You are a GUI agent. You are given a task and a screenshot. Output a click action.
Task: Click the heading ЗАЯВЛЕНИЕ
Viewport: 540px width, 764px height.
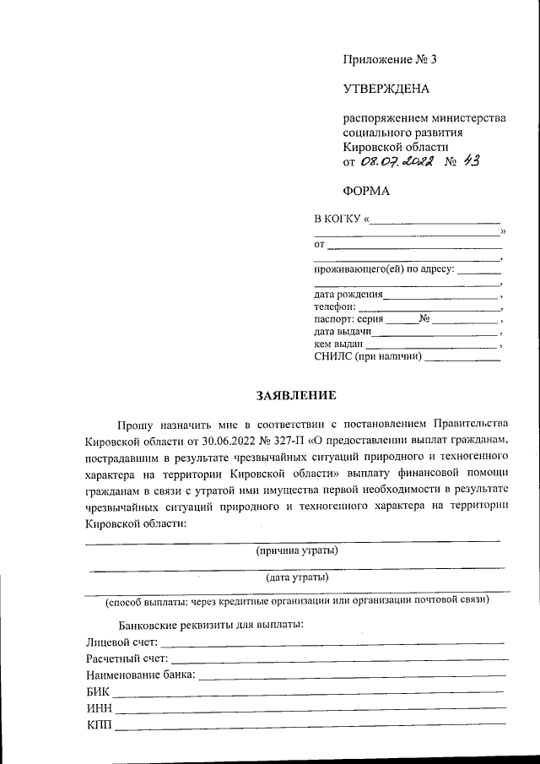click(296, 395)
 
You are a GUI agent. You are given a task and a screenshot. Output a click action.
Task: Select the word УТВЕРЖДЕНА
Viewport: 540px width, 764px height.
click(386, 89)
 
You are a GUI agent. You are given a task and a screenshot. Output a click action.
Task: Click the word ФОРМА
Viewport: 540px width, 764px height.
click(366, 191)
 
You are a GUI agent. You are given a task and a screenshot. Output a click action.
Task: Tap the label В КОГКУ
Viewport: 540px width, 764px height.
click(337, 219)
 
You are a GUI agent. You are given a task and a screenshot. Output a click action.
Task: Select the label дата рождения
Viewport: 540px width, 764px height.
click(348, 295)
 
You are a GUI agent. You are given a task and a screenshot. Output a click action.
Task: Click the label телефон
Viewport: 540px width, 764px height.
click(334, 307)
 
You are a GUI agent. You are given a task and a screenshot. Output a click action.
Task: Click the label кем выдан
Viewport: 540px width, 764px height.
click(338, 344)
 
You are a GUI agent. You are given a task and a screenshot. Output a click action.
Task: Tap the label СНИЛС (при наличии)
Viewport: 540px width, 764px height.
click(367, 357)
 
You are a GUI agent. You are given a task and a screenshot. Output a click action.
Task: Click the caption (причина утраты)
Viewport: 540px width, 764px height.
click(297, 551)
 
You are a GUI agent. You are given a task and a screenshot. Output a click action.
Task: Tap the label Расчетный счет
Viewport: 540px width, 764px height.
click(127, 658)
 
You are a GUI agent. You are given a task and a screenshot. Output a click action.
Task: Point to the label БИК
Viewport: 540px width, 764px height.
click(99, 691)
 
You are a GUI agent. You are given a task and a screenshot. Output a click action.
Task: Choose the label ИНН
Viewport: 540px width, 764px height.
click(100, 707)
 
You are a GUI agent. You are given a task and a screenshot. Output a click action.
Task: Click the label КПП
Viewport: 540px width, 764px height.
click(99, 724)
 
